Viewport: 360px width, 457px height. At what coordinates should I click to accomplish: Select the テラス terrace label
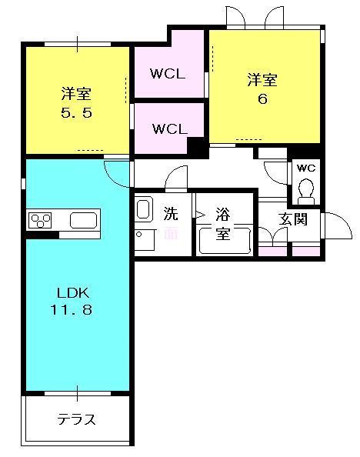tap(76, 419)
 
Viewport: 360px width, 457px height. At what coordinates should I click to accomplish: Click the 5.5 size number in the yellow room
tap(76, 113)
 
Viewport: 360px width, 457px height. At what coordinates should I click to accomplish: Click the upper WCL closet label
tap(168, 74)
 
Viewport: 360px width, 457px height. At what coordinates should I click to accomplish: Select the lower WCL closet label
tap(168, 128)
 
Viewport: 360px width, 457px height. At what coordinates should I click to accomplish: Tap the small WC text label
tap(305, 168)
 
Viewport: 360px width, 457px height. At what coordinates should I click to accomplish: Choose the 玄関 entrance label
tap(293, 218)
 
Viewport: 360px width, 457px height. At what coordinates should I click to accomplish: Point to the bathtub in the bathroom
tap(224, 240)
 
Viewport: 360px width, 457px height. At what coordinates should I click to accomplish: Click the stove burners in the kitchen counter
tap(40, 222)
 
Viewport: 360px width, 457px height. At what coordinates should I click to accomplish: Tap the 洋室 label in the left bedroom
tap(76, 95)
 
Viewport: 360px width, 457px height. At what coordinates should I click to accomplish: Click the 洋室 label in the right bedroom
tap(262, 79)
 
